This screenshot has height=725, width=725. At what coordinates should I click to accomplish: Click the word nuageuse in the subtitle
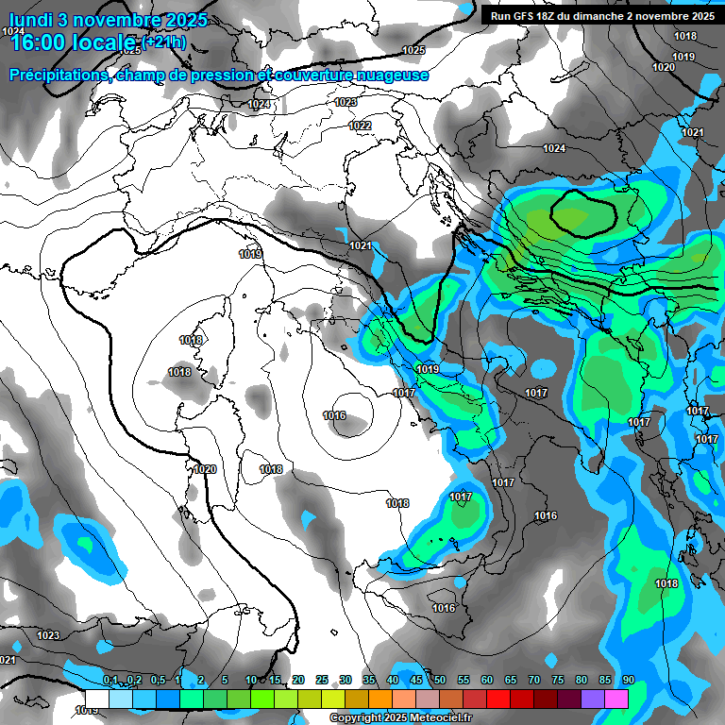pos(389,76)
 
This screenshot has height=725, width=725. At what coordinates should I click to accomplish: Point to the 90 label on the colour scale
pos(628,680)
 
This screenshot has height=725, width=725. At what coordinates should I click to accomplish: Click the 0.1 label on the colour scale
pos(110,680)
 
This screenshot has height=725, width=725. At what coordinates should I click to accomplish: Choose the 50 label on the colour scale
pos(440,680)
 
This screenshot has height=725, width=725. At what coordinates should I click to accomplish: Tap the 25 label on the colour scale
pos(322,680)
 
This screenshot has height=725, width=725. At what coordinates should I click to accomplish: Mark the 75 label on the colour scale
pos(558,680)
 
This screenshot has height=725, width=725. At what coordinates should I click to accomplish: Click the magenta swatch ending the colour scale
pos(616,698)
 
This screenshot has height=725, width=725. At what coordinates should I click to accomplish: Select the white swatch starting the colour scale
pos(96,698)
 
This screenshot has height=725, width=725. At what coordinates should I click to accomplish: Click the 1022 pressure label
pos(360,126)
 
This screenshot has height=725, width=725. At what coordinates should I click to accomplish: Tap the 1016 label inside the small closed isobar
pos(334,415)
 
